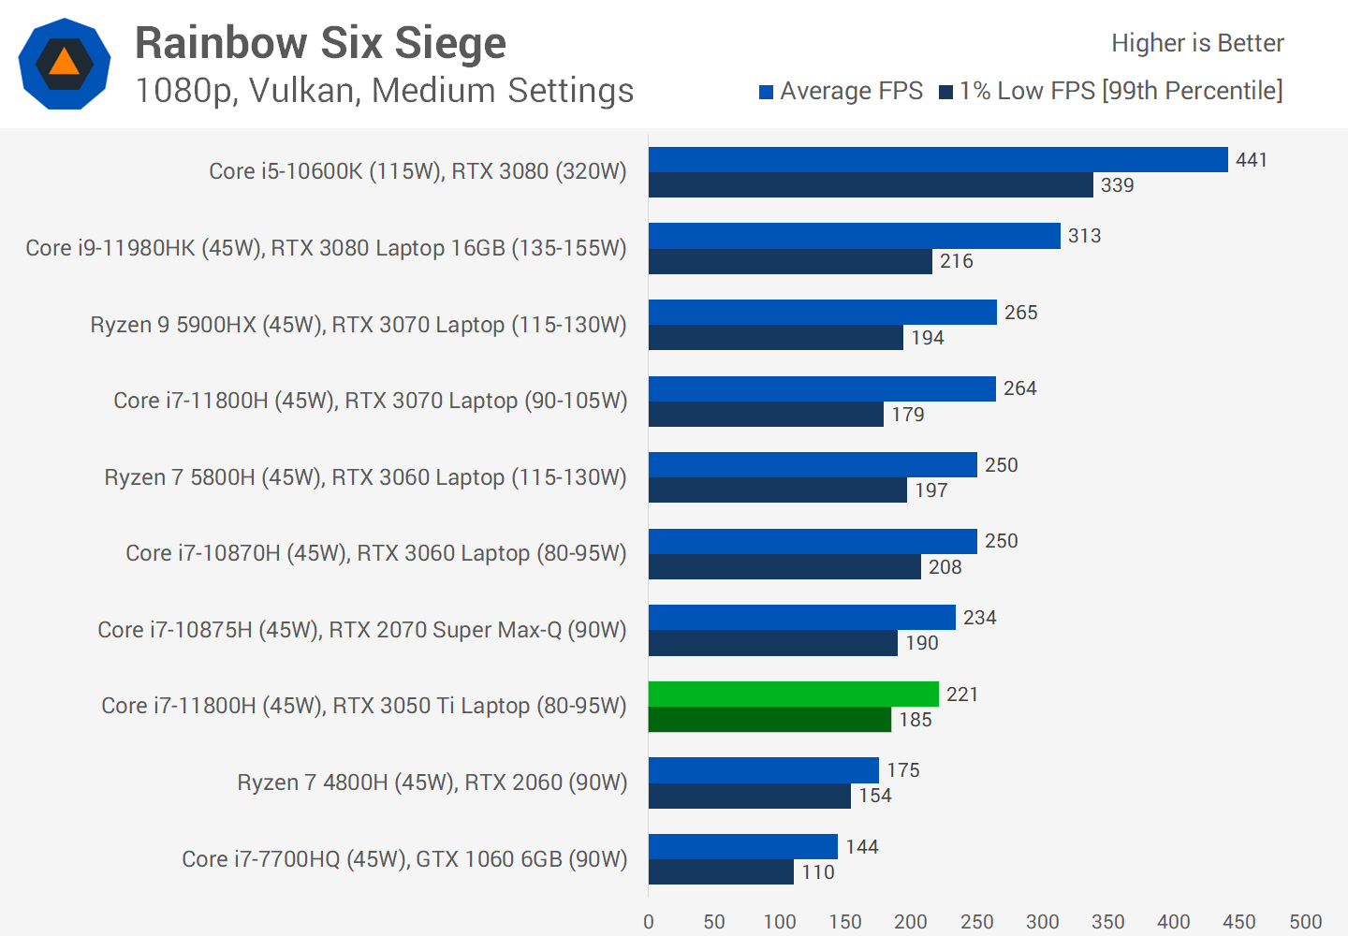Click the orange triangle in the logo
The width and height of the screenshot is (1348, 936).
64,63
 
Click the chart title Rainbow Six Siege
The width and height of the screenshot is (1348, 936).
320,43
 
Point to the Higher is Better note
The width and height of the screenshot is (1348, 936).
1197,43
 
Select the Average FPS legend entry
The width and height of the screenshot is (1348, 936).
841,91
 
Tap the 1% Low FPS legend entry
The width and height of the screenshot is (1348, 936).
1111,91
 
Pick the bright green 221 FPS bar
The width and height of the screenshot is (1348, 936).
793,695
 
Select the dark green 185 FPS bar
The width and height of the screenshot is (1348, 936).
769,720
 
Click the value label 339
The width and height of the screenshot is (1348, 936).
1117,185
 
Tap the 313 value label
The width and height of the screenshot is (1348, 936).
1084,236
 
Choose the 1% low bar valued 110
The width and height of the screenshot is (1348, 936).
721,872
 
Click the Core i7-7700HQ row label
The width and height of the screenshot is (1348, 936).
404,859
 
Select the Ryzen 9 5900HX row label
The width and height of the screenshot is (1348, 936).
359,325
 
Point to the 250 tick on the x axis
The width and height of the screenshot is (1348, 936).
976,922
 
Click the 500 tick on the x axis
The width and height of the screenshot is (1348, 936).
1305,922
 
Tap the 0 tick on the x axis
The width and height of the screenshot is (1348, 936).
649,922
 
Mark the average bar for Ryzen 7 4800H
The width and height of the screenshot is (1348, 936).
764,770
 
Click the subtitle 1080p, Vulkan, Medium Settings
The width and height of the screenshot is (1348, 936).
384,91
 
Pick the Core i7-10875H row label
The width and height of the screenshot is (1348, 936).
362,630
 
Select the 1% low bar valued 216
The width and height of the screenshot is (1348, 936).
790,261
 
